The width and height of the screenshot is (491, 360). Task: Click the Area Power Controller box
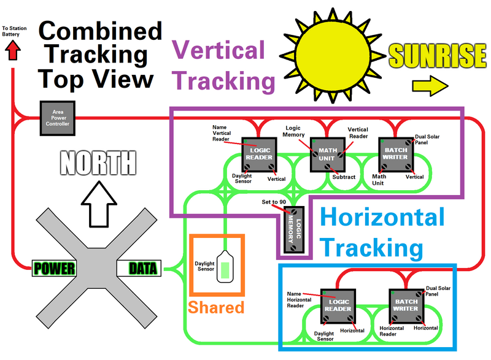[x=57, y=118]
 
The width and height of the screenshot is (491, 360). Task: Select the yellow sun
[x=333, y=55]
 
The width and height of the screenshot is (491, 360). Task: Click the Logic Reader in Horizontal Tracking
[x=338, y=305]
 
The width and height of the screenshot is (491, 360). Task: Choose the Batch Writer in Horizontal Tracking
[x=405, y=305]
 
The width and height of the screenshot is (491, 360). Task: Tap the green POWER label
[x=55, y=268]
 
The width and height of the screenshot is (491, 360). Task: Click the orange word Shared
[x=217, y=307]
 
